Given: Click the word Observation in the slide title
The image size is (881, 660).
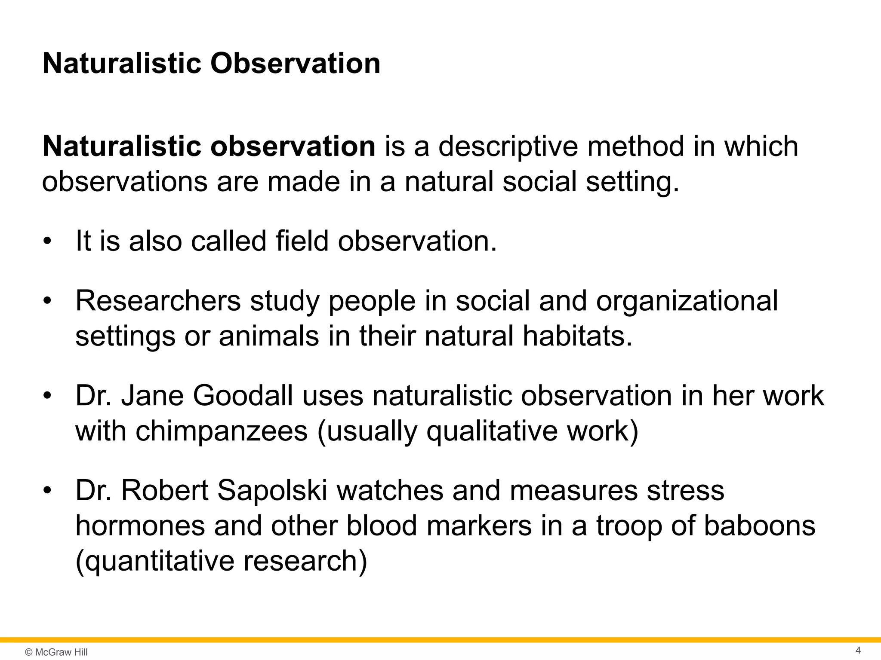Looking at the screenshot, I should [x=295, y=64].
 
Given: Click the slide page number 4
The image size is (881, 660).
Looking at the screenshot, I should [x=858, y=650].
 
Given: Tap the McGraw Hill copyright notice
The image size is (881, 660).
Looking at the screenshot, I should [x=56, y=652].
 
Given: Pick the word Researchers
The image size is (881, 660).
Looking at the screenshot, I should [x=158, y=301].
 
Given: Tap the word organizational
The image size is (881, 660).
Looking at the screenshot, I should [x=687, y=301].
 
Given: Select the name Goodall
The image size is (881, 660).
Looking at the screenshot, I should [x=243, y=395].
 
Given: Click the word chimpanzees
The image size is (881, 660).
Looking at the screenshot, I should [x=222, y=431].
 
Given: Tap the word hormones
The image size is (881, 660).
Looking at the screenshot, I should [x=140, y=526].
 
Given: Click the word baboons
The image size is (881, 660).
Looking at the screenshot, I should [x=759, y=526].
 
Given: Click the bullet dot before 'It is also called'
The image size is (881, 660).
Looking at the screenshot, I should [x=47, y=241].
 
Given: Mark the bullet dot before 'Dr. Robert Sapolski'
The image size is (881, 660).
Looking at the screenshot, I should [x=47, y=490].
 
